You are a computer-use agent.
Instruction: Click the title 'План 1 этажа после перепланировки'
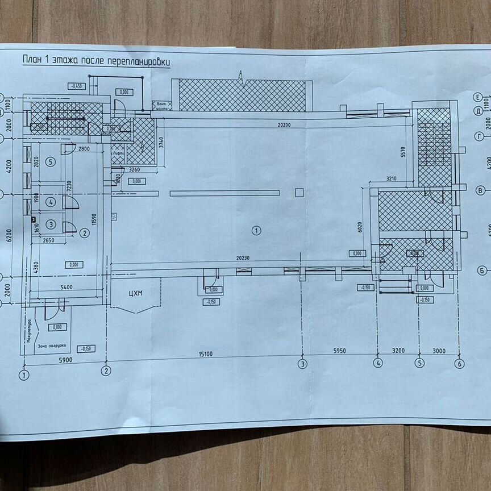[x=95, y=61]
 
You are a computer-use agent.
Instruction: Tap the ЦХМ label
[x=135, y=293]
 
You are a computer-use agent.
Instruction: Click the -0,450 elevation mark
[x=75, y=86]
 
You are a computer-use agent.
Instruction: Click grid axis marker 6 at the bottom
[x=459, y=364]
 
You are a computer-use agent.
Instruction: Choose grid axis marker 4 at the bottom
[x=377, y=364]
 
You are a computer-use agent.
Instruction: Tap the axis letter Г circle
[x=479, y=136]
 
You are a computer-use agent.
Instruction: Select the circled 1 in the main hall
[x=256, y=231]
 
